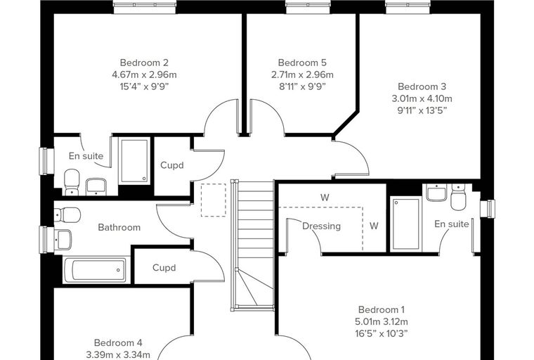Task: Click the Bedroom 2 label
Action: tap(144, 63)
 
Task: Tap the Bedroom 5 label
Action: tap(302, 63)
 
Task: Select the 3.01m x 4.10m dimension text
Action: tap(422, 98)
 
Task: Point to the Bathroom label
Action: tap(119, 227)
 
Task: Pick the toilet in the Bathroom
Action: tap(67, 214)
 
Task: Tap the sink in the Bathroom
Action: tap(63, 239)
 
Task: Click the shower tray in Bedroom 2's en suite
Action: tap(134, 160)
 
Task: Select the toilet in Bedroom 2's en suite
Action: tap(72, 181)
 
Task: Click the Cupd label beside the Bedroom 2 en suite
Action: tap(172, 165)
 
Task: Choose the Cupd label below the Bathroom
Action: tap(164, 268)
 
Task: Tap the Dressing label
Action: tap(322, 226)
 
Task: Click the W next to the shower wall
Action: tap(374, 226)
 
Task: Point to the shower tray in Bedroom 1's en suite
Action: tap(406, 224)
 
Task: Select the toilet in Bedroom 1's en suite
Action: tap(458, 196)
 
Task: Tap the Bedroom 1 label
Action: tap(382, 310)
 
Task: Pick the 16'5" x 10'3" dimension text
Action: tap(382, 334)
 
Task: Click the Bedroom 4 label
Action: tap(118, 342)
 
